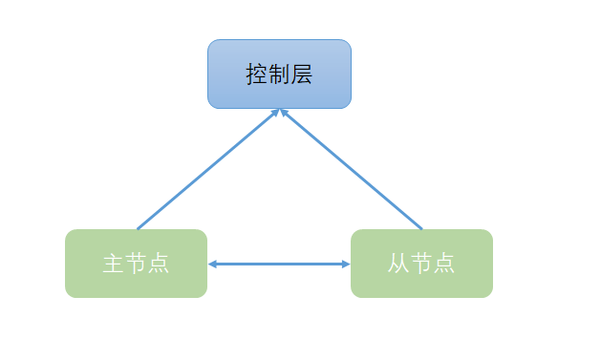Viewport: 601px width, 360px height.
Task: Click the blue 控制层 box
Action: point(279,74)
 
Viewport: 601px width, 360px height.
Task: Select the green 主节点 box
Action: point(136,264)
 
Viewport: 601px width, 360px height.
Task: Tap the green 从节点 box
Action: point(421,264)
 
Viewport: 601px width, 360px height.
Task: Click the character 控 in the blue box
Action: point(256,74)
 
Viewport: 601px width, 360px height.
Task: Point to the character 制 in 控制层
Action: point(279,74)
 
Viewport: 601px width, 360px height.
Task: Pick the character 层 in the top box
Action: point(302,74)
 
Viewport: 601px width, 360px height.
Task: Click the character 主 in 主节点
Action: point(113,265)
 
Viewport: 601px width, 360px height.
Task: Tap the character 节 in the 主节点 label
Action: point(136,265)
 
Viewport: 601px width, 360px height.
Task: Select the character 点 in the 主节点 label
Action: point(159,265)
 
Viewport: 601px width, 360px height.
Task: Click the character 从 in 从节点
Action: point(398,265)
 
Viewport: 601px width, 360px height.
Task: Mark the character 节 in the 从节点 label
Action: point(421,265)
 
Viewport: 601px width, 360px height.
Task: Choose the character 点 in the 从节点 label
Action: point(444,265)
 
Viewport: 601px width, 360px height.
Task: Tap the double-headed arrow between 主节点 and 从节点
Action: point(279,265)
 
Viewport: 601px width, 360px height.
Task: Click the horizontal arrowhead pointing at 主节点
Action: point(212,265)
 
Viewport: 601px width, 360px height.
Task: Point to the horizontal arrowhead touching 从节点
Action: point(346,265)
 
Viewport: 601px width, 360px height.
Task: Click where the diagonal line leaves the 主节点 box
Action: point(138,229)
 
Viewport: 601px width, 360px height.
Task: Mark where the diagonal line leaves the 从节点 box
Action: point(421,229)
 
